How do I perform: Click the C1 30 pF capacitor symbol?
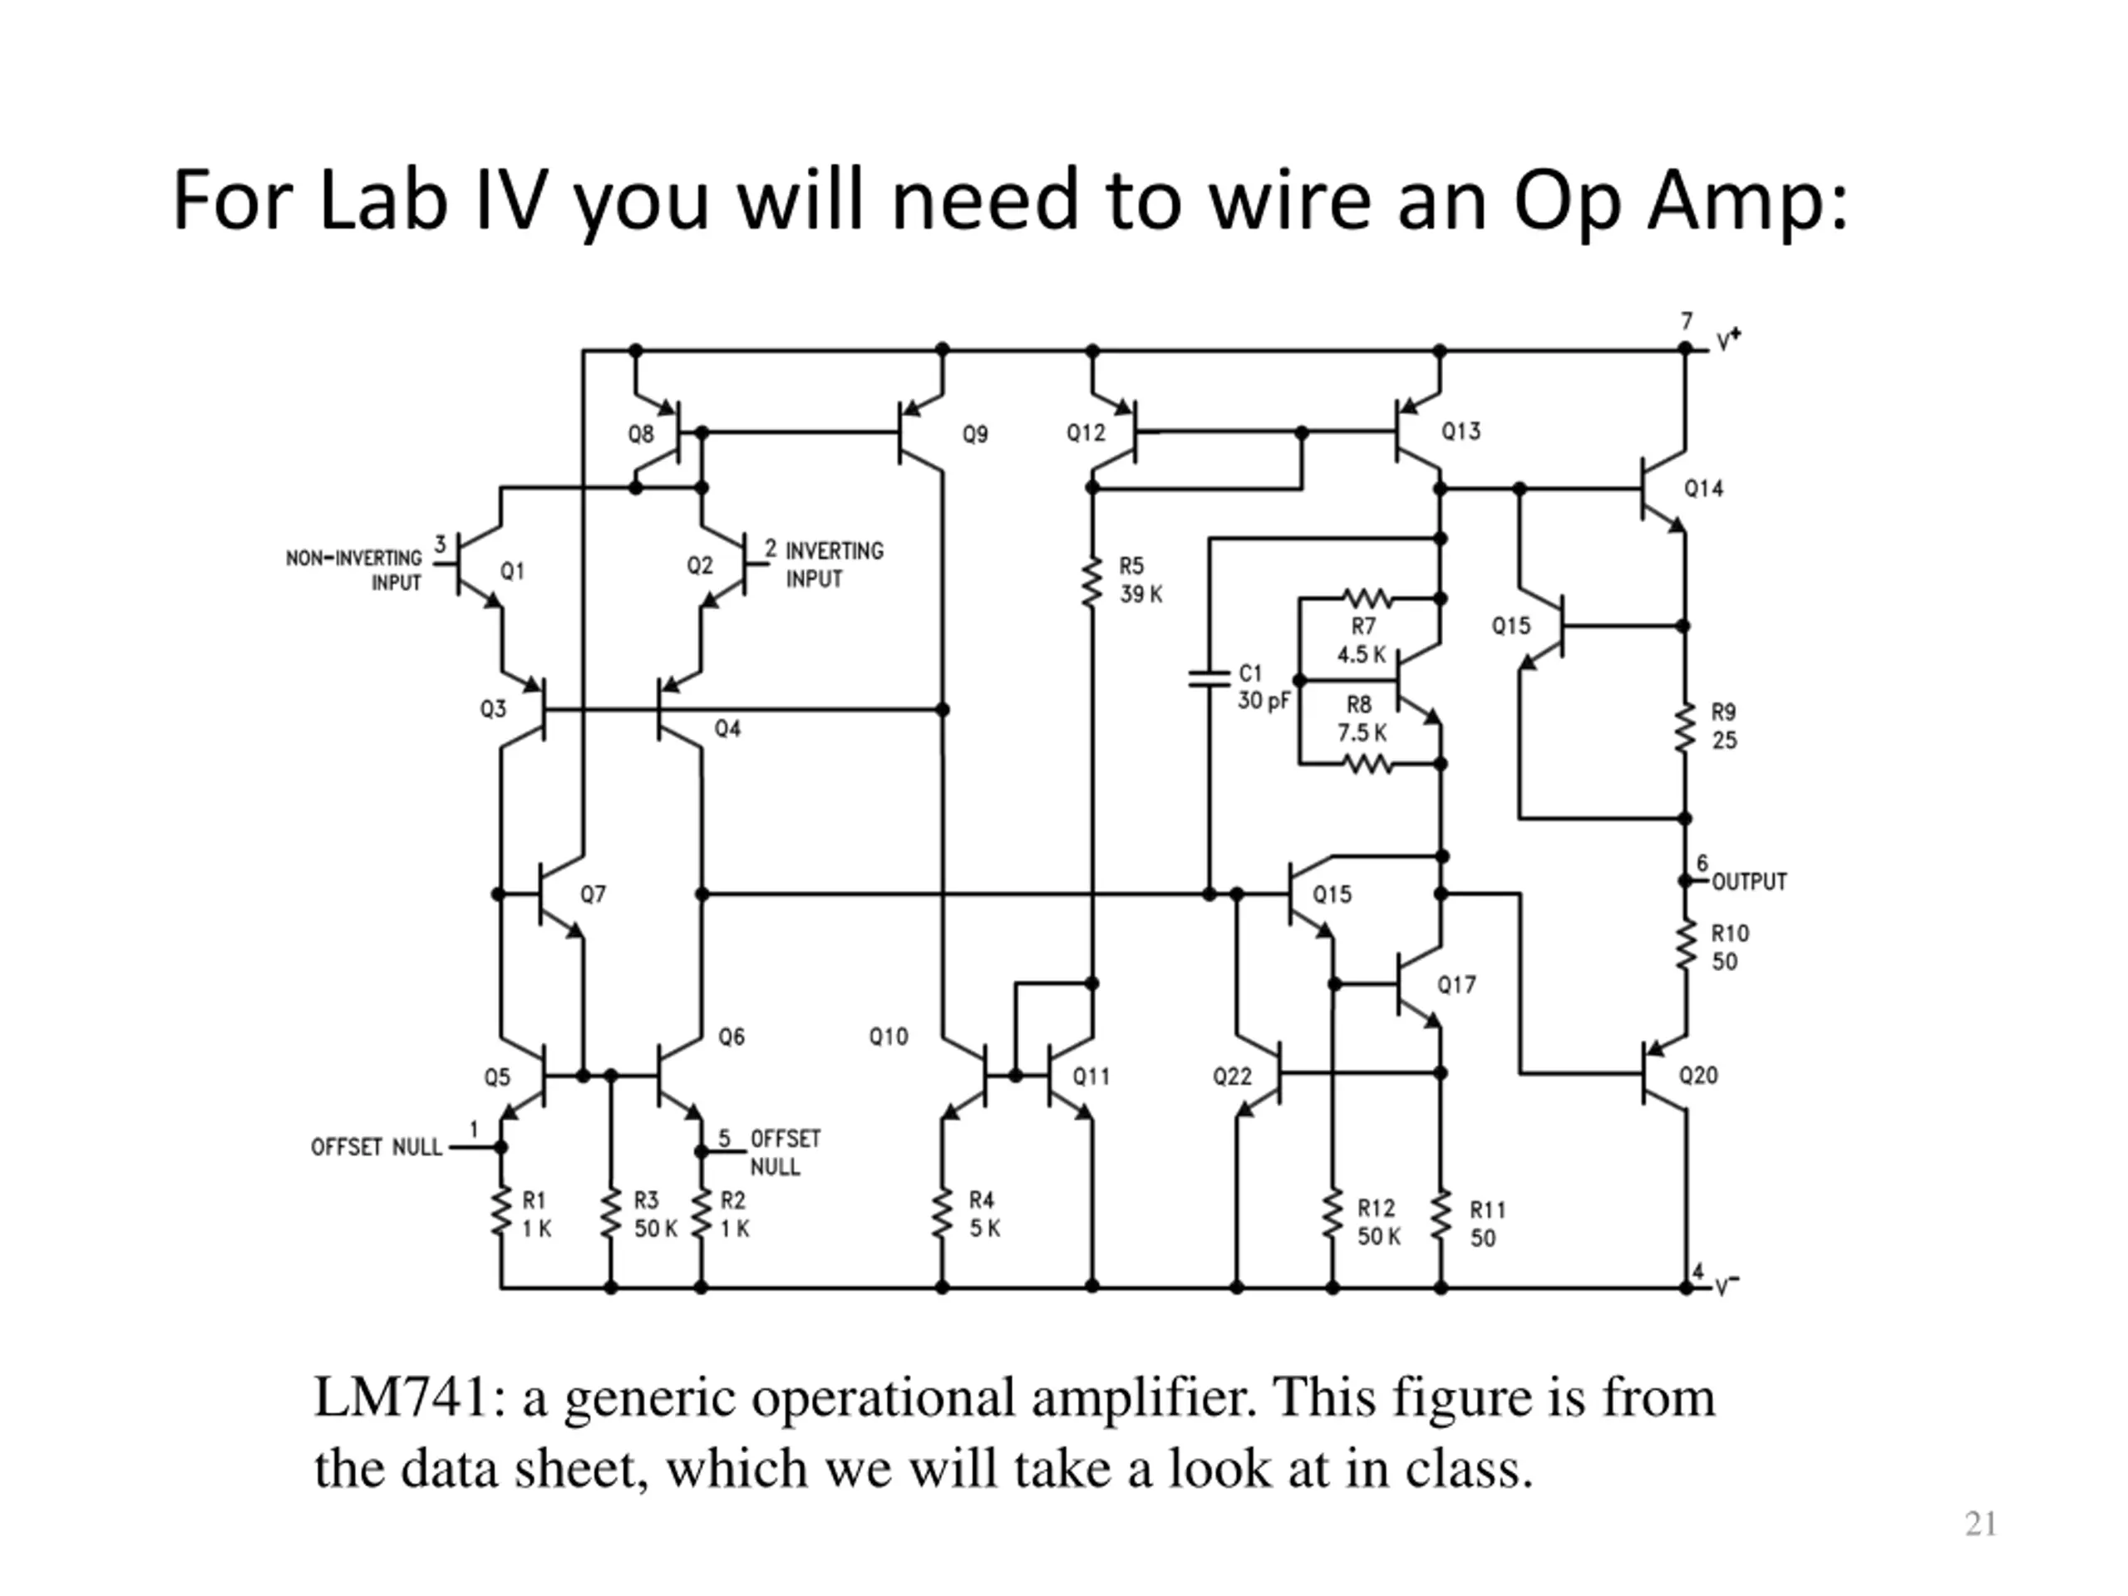pos(1209,678)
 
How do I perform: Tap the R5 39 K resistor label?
pos(1140,580)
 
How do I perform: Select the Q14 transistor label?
pos(1704,489)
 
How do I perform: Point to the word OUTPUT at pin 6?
pos(1749,881)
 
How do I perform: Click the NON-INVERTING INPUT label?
pos(354,570)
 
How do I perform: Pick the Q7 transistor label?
pos(593,894)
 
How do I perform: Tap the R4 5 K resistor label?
pos(984,1214)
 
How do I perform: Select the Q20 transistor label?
pos(1698,1075)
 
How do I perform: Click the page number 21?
pos(1981,1524)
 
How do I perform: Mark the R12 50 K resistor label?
pos(1378,1222)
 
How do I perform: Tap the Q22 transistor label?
pos(1233,1076)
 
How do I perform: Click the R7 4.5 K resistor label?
pos(1362,641)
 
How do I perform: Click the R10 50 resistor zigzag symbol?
pos(1684,947)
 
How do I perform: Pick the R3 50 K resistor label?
pos(655,1214)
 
